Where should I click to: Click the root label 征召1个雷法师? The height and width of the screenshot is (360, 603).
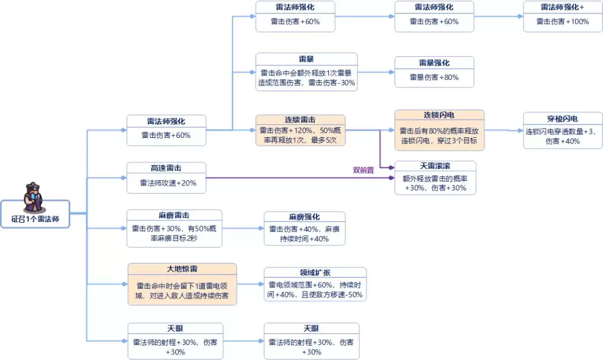click(x=35, y=220)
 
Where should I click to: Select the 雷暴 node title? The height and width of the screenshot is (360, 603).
click(x=306, y=59)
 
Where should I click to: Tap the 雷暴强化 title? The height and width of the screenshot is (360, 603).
click(x=434, y=63)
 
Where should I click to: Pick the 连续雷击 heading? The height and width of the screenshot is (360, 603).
click(x=300, y=120)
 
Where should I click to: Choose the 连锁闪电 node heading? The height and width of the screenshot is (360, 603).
click(x=439, y=115)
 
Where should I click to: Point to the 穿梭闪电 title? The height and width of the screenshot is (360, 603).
click(x=562, y=118)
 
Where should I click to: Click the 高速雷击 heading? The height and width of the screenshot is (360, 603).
click(x=166, y=168)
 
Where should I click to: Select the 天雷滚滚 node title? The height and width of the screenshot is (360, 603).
click(x=435, y=166)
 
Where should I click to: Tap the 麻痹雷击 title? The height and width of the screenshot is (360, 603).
click(x=174, y=215)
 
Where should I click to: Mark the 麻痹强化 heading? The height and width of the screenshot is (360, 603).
click(x=304, y=217)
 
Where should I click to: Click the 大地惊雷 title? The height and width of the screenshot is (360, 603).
click(x=182, y=269)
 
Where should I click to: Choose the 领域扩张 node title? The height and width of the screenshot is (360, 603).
click(x=315, y=273)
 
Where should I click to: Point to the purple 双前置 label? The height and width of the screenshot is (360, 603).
click(x=363, y=170)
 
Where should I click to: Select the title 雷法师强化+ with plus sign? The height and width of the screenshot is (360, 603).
click(x=562, y=7)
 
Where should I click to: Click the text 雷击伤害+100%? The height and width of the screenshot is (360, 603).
click(x=562, y=22)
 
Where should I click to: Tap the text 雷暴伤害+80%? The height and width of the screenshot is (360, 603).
click(x=434, y=78)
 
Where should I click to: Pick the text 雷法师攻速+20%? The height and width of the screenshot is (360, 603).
click(x=166, y=183)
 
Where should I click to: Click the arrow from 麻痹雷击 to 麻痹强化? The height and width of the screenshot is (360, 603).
click(x=243, y=228)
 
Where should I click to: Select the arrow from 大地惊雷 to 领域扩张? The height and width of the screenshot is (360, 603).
click(x=250, y=284)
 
